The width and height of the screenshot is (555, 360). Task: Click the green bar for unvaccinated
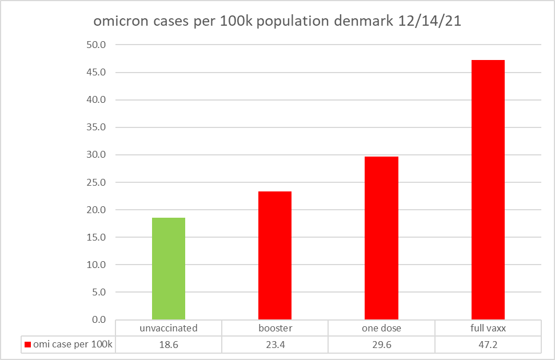click(x=169, y=269)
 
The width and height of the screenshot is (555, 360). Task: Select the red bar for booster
click(x=275, y=255)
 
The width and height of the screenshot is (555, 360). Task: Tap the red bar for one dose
click(x=381, y=238)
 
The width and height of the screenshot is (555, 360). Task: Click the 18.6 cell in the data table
click(x=169, y=344)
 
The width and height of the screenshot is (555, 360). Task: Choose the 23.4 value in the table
click(x=275, y=344)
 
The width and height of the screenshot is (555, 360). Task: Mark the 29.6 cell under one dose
click(x=381, y=344)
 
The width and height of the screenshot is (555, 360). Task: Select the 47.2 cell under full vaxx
click(x=488, y=344)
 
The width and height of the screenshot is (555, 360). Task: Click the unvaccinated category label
click(x=169, y=328)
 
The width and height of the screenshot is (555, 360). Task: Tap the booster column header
click(x=275, y=328)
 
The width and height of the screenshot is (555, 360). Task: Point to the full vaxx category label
click(x=488, y=328)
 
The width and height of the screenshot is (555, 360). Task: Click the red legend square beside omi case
click(x=27, y=344)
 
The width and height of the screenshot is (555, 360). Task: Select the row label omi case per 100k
click(x=73, y=344)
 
